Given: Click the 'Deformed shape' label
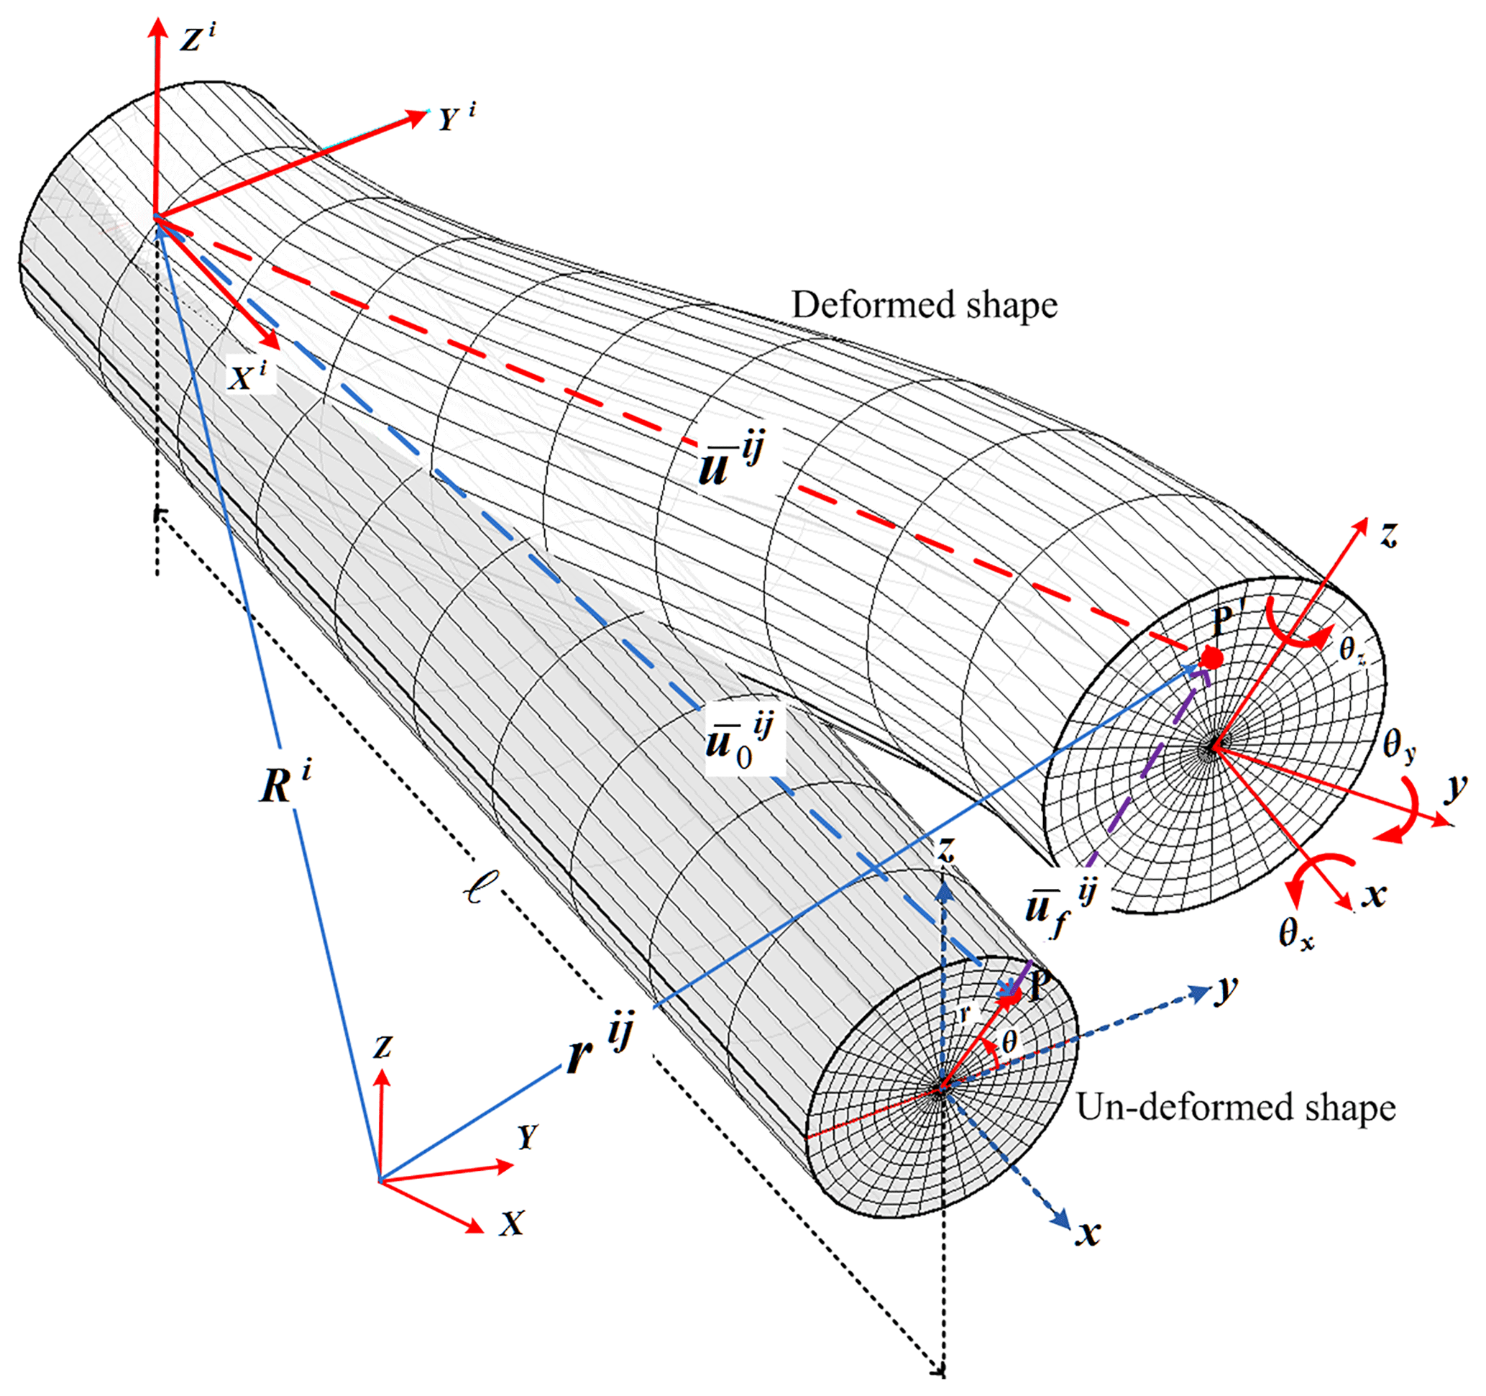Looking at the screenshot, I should click(x=925, y=305).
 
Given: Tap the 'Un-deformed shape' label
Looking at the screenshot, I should click(x=1236, y=1108).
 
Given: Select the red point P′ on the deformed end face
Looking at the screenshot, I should click(x=1211, y=659).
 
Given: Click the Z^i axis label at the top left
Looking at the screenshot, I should click(x=196, y=37).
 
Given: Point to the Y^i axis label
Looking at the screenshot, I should click(x=456, y=118).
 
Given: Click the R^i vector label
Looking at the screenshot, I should click(x=285, y=782).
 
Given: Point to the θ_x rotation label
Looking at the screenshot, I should click(x=1295, y=934).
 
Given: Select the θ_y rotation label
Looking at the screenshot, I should click(x=1398, y=746).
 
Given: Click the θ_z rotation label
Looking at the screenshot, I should click(x=1352, y=649).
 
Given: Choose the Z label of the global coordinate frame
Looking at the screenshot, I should click(x=382, y=1046).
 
